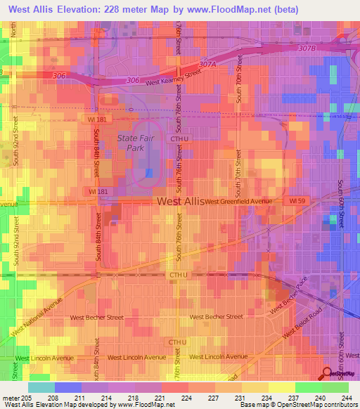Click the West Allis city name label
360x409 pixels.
coord(179,201)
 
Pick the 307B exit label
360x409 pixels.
coord(308,48)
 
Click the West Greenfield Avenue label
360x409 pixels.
coord(238,202)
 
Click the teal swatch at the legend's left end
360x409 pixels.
coord(41,387)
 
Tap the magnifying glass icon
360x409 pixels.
coord(328,373)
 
